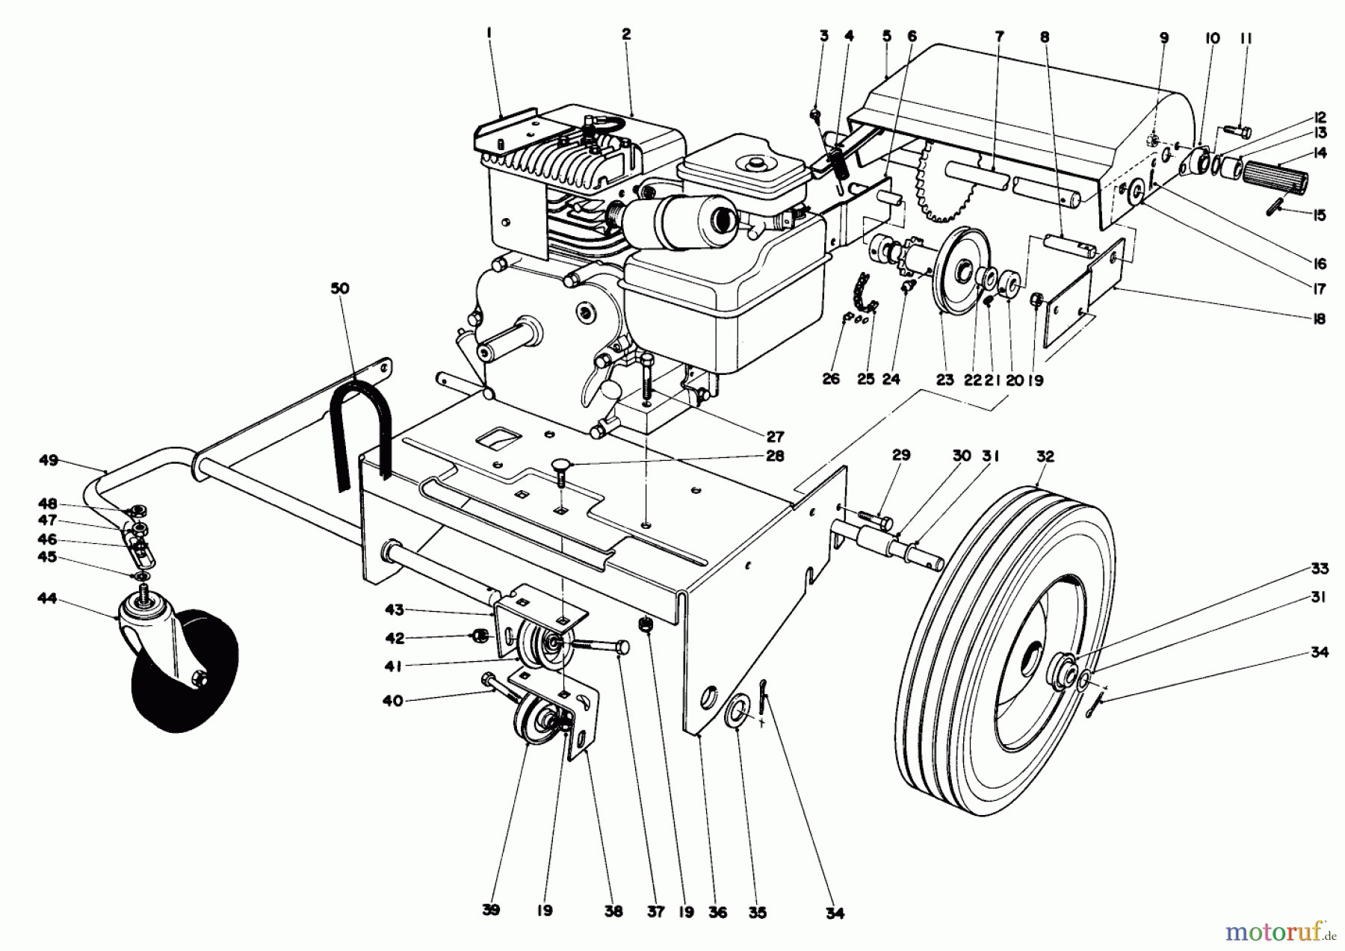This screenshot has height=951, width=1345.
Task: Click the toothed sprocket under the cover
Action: click(x=945, y=183)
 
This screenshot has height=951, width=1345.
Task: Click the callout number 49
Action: click(x=49, y=460)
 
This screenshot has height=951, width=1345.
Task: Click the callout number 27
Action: click(x=774, y=436)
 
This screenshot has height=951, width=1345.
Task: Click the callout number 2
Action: click(x=625, y=34)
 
